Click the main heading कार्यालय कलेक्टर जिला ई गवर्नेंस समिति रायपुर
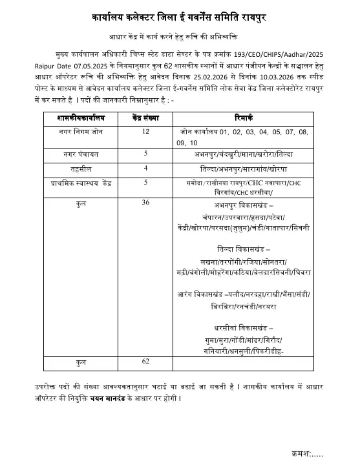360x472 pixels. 180,15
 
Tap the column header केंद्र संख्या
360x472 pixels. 145,118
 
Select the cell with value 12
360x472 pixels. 146,132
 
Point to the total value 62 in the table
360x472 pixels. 146,361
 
